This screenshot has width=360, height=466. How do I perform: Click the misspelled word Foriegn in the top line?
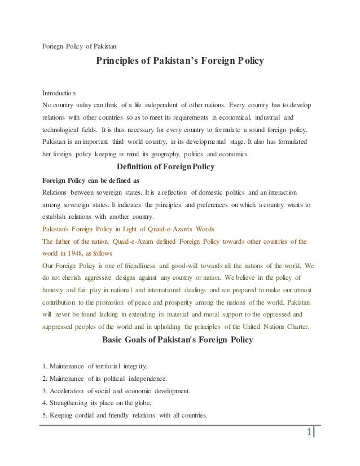coord(55,46)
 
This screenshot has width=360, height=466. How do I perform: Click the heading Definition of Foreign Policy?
coord(164,167)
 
